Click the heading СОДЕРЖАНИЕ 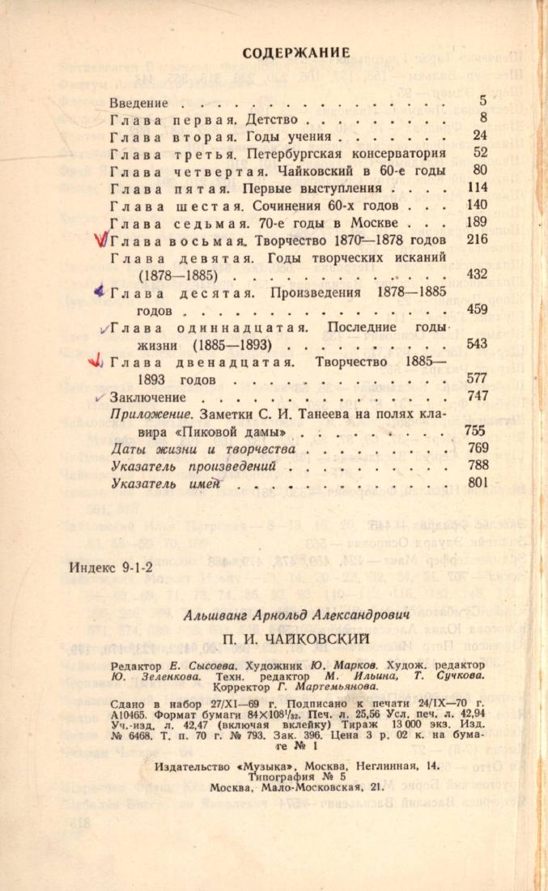(x=296, y=53)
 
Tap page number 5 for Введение (x=482, y=102)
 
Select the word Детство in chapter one (x=291, y=119)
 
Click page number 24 (x=479, y=136)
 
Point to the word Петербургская (x=312, y=153)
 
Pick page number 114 (x=477, y=187)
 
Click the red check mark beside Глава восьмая (x=101, y=240)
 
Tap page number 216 (x=477, y=239)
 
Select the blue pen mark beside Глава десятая (x=99, y=291)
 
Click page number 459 (x=477, y=309)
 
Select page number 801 (x=477, y=484)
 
